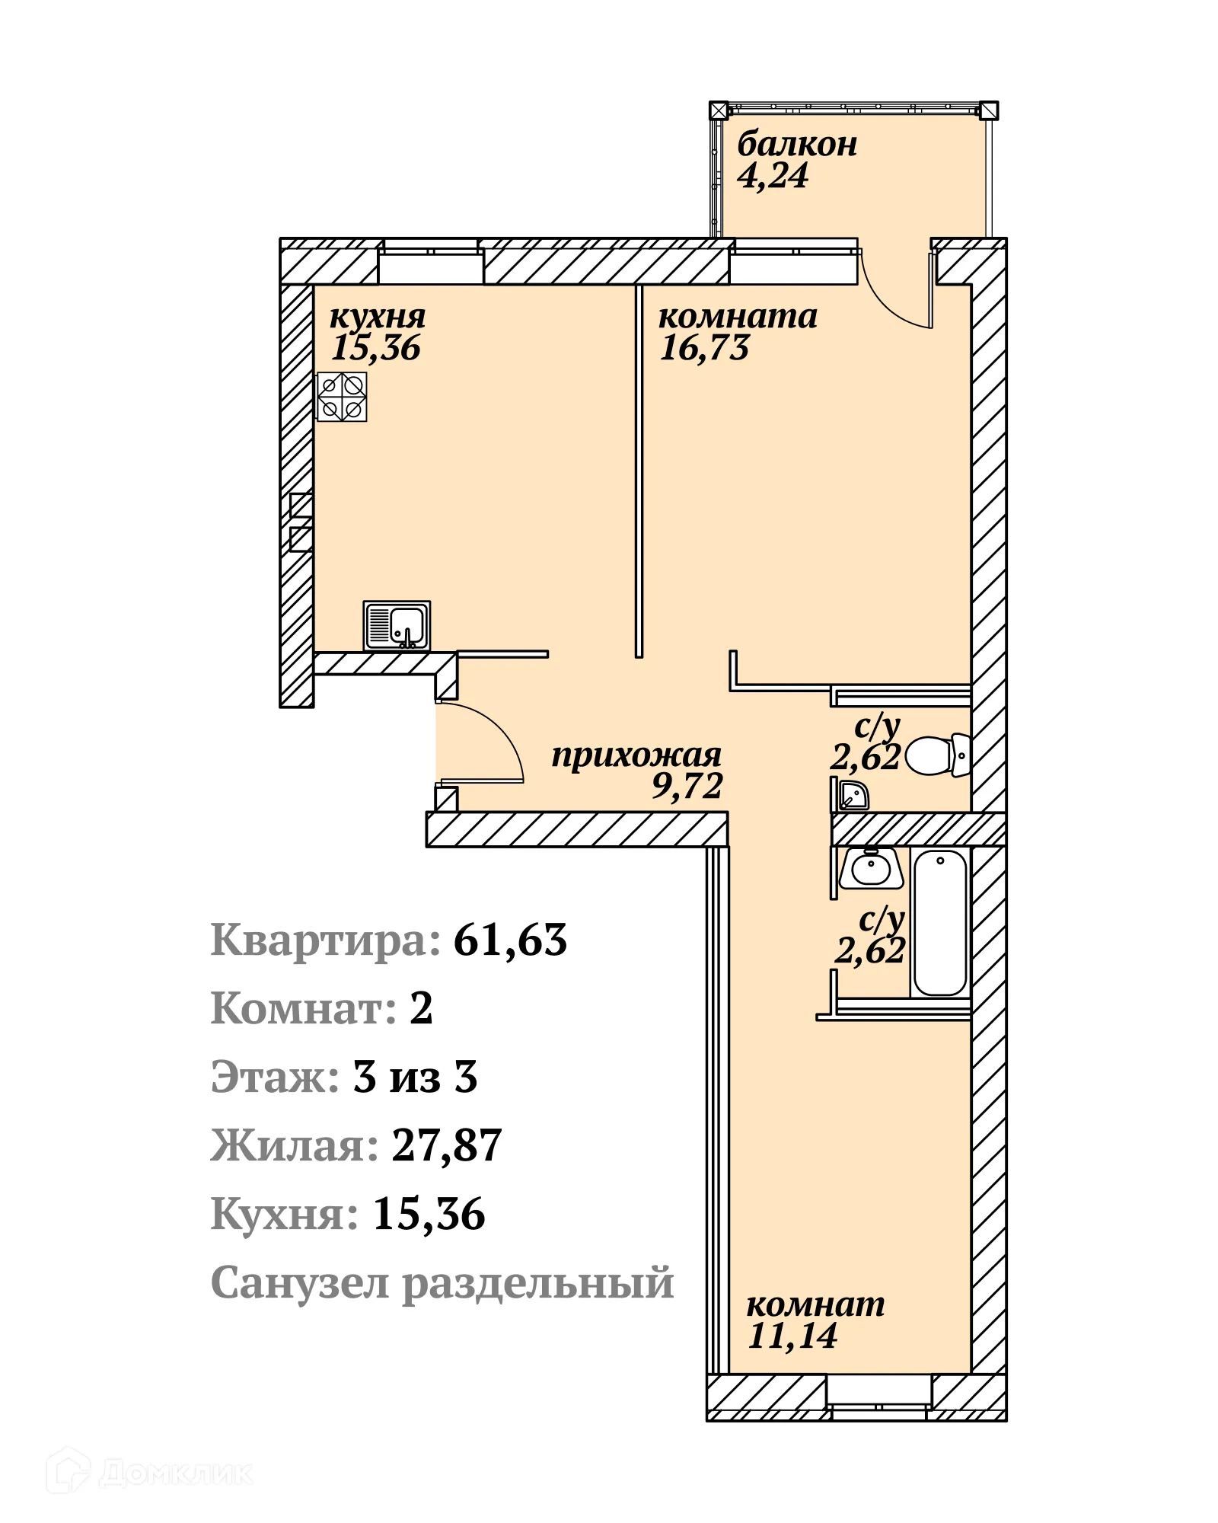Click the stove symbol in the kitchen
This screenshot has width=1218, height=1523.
pyautogui.click(x=342, y=397)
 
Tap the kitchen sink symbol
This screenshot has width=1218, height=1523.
pyautogui.click(x=397, y=625)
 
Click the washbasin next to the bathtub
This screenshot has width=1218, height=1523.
pyautogui.click(x=871, y=869)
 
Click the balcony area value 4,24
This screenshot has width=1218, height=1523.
pyautogui.click(x=773, y=176)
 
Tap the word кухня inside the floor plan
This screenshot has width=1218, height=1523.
pyautogui.click(x=378, y=316)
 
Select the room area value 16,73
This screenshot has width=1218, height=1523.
pyautogui.click(x=704, y=348)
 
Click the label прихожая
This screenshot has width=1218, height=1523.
pyautogui.click(x=636, y=755)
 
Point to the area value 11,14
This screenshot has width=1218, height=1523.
pyautogui.click(x=792, y=1335)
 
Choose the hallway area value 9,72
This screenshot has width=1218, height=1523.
pyautogui.click(x=687, y=785)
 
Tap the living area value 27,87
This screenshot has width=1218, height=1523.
pyautogui.click(x=447, y=1145)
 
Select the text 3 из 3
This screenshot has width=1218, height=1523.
pyautogui.click(x=415, y=1077)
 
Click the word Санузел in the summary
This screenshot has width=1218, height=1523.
pyautogui.click(x=301, y=1282)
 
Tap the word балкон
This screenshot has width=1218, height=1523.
pyautogui.click(x=797, y=144)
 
